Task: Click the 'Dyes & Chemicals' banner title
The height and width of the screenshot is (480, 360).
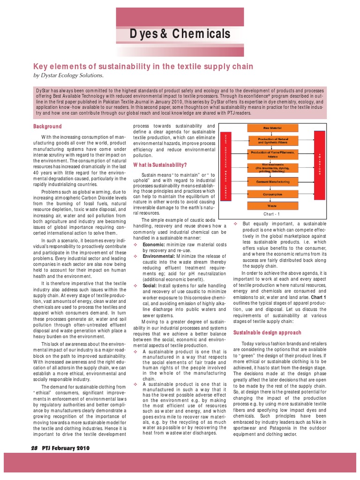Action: [x=180, y=34]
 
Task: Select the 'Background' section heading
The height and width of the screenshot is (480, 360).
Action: [x=47, y=127]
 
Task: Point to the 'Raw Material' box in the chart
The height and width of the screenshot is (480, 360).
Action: [x=272, y=127]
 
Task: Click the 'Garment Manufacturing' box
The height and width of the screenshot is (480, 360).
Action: [x=272, y=181]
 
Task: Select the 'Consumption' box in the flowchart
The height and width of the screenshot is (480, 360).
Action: [x=272, y=194]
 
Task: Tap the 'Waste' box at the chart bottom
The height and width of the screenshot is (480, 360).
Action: [x=272, y=206]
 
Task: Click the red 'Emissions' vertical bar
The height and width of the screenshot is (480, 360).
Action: [x=320, y=166]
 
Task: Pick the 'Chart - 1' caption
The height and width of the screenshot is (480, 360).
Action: [x=272, y=214]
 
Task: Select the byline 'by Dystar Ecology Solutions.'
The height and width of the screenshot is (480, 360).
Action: [x=67, y=75]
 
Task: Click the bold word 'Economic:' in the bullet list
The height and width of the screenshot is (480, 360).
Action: [x=156, y=244]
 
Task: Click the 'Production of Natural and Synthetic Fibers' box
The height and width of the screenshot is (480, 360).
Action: [x=272, y=141]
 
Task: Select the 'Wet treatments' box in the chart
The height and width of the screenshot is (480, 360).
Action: [x=272, y=168]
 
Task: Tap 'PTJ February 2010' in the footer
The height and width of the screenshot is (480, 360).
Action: [x=66, y=448]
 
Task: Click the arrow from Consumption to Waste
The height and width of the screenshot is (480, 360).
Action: [x=272, y=200]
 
